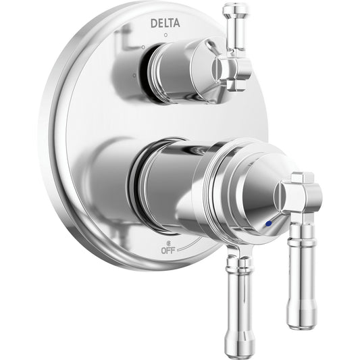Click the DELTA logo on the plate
pos(165,23)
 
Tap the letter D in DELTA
pos(154,24)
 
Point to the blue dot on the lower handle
pos(268,223)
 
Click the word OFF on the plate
pos(168,251)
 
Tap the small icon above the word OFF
pos(168,243)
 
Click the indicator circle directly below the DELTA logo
pos(165,35)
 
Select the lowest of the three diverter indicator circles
pos(134,75)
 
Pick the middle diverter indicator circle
pos(143,47)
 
